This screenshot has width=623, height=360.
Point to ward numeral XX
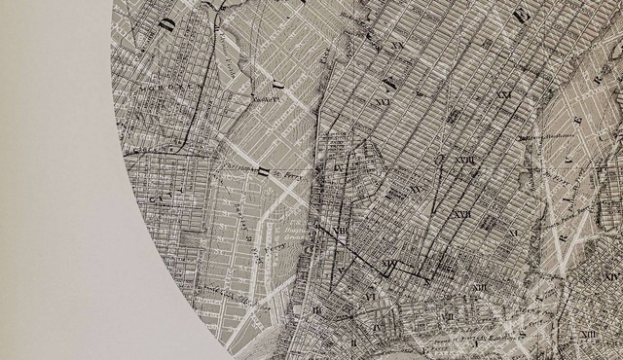(397, 46)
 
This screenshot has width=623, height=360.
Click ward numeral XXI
(503, 95)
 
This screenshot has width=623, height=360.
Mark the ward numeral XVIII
(463, 160)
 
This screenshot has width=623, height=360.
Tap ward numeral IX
(339, 167)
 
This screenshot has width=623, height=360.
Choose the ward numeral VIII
(341, 231)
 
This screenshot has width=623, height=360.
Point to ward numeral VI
(371, 295)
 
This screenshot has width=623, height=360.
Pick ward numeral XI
(478, 288)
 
